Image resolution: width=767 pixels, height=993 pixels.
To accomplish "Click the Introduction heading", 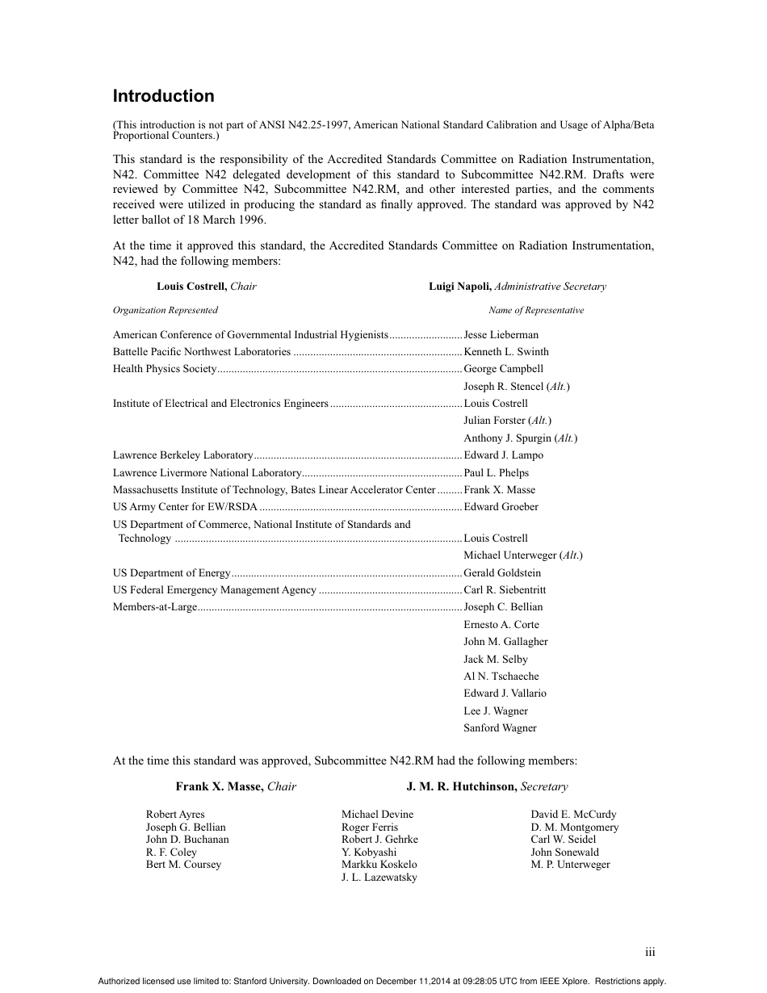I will pos(163,96).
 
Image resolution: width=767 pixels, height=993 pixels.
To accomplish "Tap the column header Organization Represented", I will pos(165,310).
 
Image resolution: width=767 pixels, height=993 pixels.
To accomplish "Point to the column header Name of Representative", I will pos(535,310).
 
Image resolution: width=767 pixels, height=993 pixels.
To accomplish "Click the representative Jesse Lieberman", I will pos(501,335).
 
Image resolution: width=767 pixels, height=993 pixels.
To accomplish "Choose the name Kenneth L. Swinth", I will pos(505,352).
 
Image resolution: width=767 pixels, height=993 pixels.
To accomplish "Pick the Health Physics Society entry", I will pos(165,369).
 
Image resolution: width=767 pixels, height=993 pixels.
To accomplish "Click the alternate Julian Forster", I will pos(495,421).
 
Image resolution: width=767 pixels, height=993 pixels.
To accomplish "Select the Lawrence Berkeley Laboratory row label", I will pos(182,455).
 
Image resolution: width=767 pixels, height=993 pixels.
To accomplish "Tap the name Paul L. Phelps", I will pos(496,473).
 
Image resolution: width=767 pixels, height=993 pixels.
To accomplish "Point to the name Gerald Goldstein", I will pos(502,573).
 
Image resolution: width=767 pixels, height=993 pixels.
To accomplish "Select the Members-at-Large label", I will pos(155,607).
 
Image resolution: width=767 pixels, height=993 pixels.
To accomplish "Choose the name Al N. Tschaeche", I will pos(501,677).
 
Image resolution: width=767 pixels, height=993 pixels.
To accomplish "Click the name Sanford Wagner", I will pos(500,728).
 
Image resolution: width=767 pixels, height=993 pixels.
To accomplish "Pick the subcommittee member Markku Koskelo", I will pos(379,865).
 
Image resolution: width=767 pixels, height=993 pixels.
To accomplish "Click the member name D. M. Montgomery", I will pos(574,827).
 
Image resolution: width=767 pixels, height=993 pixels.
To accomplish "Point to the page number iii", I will pos(650,953).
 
